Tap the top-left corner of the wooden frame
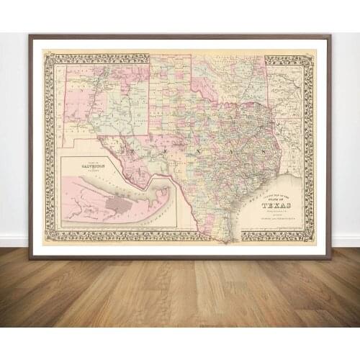(30, 35)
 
